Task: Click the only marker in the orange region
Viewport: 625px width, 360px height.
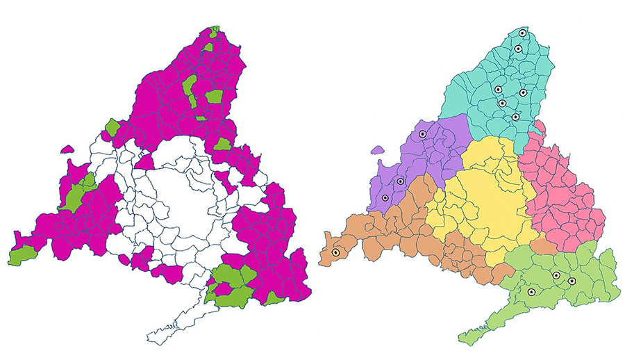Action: coord(335,253)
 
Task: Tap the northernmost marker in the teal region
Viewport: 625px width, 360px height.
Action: coord(522,33)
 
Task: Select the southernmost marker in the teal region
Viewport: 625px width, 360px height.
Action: coord(515,117)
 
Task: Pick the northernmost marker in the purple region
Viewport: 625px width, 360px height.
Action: coord(422,133)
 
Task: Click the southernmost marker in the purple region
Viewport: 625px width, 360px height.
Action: coord(385,198)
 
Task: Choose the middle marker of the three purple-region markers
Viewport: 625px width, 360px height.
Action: coord(401,181)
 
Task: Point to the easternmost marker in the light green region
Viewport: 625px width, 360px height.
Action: coord(572,281)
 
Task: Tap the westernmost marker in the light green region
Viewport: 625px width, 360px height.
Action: coord(531,293)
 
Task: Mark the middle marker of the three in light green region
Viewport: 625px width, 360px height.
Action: coord(556,276)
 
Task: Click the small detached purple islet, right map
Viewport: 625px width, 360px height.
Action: coord(378,149)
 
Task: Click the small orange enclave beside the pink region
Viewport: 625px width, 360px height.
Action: coord(546,247)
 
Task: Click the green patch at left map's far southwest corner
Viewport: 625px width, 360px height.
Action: coord(23,255)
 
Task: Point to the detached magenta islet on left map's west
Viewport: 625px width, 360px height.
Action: coord(67,149)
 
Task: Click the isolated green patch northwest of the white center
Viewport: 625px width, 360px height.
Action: coord(112,127)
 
